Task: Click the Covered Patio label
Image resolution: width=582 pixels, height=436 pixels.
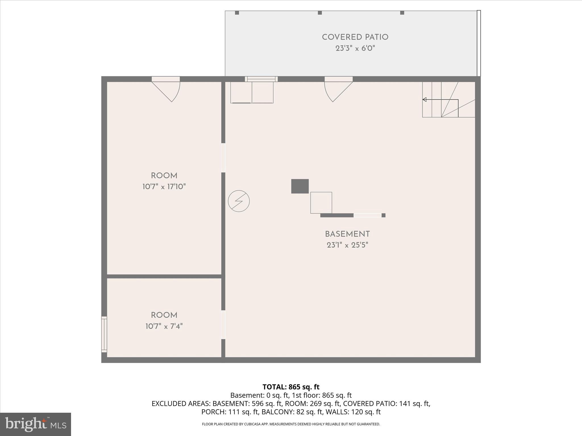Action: click(355, 37)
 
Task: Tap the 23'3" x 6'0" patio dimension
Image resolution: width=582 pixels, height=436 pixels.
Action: click(355, 48)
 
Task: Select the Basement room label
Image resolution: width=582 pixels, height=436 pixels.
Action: click(347, 234)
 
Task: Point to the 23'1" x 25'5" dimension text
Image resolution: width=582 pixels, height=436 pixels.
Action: click(347, 245)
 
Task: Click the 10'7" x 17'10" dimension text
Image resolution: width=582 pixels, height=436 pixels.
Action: click(164, 186)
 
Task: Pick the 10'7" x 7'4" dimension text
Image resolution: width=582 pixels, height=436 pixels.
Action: click(164, 326)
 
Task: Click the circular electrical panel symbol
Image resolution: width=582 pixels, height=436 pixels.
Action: click(239, 201)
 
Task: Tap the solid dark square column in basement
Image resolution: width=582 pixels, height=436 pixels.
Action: click(300, 186)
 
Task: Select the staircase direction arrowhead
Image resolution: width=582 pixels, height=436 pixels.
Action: click(424, 100)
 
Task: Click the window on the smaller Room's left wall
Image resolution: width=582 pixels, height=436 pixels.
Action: click(104, 334)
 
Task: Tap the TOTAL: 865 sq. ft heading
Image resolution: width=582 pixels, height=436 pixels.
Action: click(291, 387)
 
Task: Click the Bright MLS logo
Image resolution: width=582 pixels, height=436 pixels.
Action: click(36, 424)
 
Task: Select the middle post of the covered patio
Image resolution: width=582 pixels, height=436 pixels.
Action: click(320, 13)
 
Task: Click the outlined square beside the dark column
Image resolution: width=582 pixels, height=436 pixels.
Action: click(321, 203)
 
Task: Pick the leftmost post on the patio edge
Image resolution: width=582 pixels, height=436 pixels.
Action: click(237, 13)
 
